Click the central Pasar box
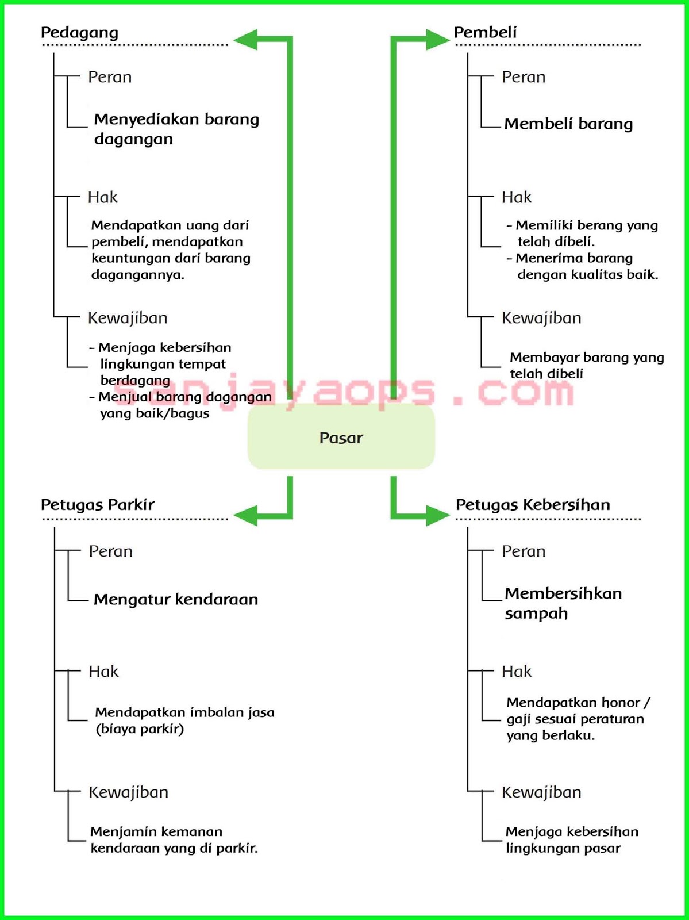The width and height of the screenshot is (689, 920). point(341,438)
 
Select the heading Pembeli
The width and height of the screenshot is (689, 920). point(485,33)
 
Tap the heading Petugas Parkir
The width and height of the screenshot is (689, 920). point(98,505)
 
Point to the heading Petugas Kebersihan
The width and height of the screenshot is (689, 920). point(533,505)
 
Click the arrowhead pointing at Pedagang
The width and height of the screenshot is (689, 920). point(246,40)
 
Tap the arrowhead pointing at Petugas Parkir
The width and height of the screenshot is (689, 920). point(246,515)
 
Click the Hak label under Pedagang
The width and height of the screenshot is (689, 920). point(102,198)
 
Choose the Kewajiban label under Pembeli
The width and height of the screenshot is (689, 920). point(541,318)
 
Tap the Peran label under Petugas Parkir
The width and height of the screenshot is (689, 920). point(110,551)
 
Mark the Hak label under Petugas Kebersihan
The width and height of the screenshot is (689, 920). point(517,672)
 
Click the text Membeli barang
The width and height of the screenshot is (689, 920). point(568,124)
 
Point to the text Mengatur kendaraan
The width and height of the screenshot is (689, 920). point(176,600)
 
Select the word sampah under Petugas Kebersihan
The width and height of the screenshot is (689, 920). point(536,614)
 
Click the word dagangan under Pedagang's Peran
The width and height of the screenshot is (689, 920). point(133,140)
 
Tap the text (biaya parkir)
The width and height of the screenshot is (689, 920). point(140,729)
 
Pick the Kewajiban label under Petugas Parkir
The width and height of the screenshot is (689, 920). point(128,792)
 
